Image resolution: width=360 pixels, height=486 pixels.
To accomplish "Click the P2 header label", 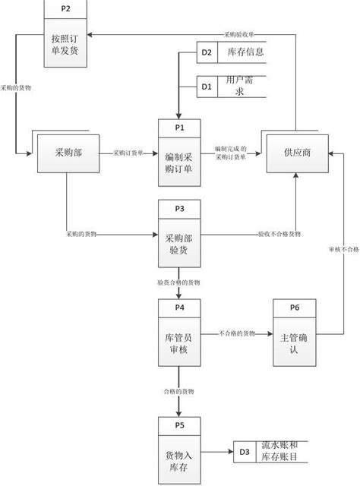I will (x=65, y=10).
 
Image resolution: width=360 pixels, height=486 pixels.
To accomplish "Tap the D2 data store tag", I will (x=205, y=52).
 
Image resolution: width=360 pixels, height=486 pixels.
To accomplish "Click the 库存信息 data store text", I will (x=245, y=52).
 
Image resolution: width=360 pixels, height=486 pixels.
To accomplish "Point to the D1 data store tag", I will (x=205, y=86).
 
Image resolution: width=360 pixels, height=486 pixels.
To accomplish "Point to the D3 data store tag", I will (x=245, y=453).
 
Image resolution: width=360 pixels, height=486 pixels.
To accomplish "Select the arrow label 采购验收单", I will (x=240, y=34).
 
